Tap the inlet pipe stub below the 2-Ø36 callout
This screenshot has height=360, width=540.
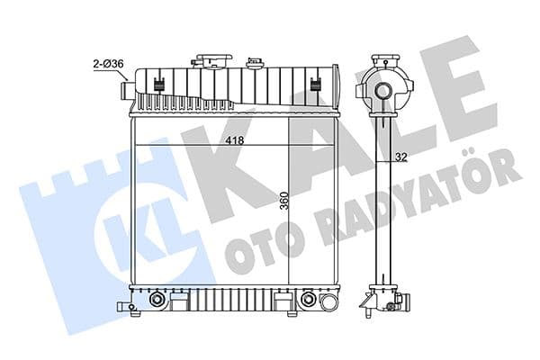tap(123, 91)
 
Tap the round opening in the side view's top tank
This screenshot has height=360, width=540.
tap(384, 91)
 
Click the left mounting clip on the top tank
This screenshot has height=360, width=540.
tap(158, 86)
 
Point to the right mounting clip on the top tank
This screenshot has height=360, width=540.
tap(316, 86)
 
